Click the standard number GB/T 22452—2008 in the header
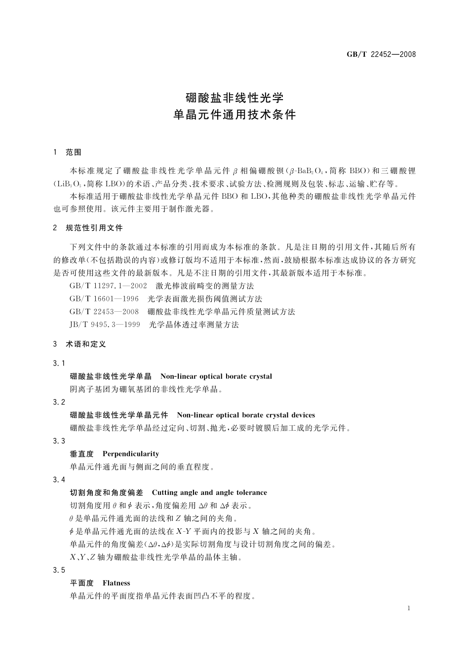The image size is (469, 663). [x=381, y=54]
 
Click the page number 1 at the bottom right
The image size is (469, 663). [x=409, y=608]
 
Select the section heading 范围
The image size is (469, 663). [x=73, y=152]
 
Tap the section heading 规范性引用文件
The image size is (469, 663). [x=94, y=228]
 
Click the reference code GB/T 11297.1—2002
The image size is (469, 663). [x=109, y=286]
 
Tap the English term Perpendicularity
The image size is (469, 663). [x=131, y=454]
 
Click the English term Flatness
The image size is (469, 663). [x=117, y=583]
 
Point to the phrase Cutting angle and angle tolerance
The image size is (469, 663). [x=209, y=492]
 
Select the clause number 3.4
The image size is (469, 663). [x=59, y=479]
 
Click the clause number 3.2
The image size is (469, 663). [x=59, y=402]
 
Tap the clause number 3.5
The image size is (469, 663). [x=59, y=570]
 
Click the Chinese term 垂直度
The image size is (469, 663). [x=82, y=454]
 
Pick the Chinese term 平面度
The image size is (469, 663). [x=82, y=583]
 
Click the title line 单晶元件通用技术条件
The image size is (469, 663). [x=234, y=114]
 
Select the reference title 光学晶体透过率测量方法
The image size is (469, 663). [x=194, y=325]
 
